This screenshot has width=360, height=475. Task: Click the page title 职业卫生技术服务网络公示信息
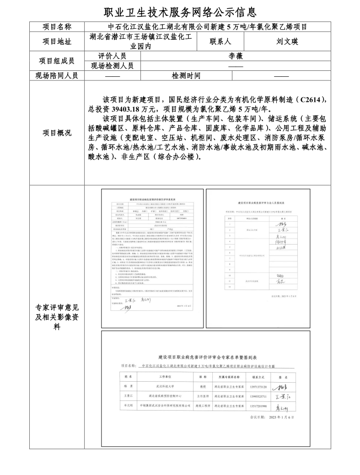180,11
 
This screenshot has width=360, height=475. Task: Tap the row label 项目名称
57,27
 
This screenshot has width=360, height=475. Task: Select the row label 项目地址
57,42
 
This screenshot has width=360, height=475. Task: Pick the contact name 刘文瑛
287,42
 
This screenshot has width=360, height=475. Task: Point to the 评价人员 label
113,56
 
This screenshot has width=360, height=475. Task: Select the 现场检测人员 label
113,66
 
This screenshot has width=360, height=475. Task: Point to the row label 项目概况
57,133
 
